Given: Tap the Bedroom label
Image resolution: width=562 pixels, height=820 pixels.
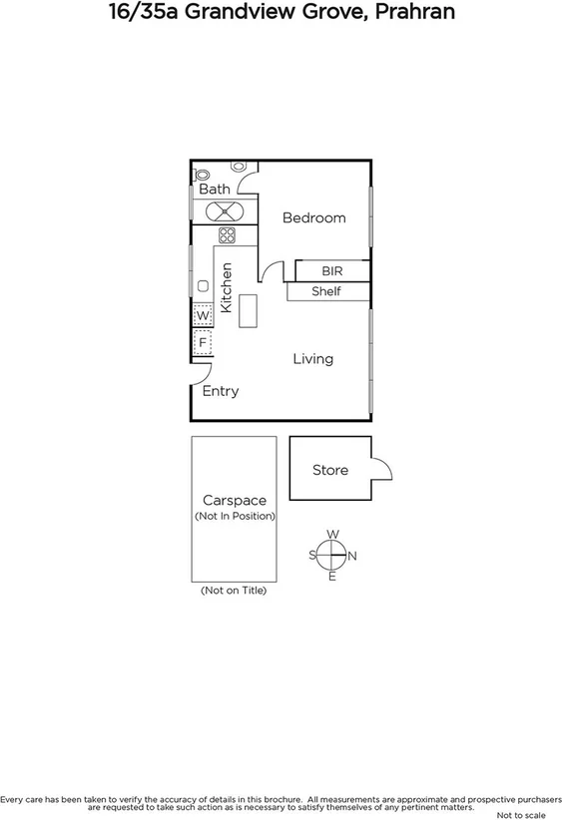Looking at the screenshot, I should click(x=313, y=217).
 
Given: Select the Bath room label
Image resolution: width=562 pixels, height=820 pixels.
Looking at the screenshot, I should click(x=214, y=189).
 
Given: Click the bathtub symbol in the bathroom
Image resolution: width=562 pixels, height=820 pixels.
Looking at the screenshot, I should click(x=225, y=210).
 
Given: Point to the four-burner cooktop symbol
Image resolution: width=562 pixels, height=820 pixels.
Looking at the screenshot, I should click(x=227, y=235).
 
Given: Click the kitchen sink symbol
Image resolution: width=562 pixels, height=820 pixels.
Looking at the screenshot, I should click(x=203, y=285).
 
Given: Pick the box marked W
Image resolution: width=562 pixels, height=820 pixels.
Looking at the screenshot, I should click(x=203, y=315).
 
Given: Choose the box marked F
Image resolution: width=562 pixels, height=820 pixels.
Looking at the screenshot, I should click(x=203, y=342).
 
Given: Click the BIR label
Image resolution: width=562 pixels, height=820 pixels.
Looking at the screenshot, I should click(x=331, y=271).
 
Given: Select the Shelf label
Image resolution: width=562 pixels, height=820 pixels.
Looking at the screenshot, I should click(x=326, y=291).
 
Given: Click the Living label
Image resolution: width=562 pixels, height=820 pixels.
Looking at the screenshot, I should click(x=312, y=358).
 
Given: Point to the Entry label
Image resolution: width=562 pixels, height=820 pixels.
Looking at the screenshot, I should click(x=220, y=391).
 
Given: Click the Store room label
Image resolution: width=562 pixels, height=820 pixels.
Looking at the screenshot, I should click(x=329, y=469).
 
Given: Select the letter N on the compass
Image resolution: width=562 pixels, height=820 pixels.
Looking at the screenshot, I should click(x=352, y=556).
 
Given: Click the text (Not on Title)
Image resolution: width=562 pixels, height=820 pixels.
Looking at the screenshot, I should click(x=234, y=591).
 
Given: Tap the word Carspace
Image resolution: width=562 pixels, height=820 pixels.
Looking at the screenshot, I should click(x=234, y=500).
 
